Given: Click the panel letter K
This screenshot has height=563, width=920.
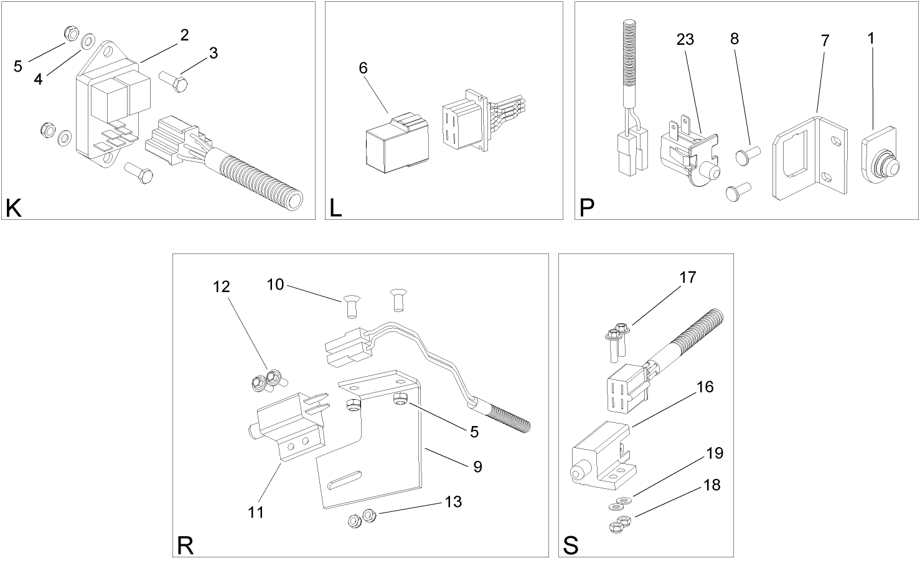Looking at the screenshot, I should point(13,208).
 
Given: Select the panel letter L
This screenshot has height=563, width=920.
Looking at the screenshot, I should point(336,208).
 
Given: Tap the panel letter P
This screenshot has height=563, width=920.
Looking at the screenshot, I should point(586,208).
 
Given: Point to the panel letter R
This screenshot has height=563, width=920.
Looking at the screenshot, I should point(185,545).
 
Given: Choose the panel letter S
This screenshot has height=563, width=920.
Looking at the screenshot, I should point(570,545).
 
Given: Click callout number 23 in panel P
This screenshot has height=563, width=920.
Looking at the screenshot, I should point(685,40).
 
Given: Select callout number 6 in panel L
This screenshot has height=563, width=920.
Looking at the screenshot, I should point(363,68).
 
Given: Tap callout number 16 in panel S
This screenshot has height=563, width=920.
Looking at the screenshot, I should point(705,387).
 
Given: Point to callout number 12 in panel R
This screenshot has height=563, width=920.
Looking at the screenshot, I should point(221,287).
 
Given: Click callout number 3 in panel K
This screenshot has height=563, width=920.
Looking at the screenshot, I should point(214,54).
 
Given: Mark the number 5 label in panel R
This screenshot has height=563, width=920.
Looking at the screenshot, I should point(474,432).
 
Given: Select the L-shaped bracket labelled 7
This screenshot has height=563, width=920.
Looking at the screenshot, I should point(809,159).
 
